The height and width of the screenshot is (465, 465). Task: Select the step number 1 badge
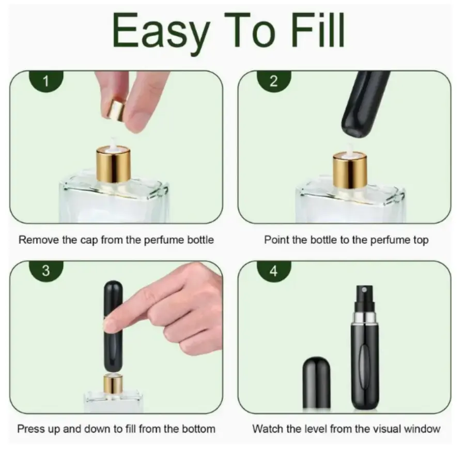point(47,81)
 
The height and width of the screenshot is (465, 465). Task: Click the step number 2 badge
point(274,81)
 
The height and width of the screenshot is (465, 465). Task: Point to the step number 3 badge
point(46,271)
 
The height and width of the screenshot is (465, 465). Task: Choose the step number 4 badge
point(274,271)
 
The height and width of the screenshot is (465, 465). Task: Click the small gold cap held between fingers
point(116,110)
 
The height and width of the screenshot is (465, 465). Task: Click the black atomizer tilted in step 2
point(365,104)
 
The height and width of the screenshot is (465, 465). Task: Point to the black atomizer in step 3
point(113,326)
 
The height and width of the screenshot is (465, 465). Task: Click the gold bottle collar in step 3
point(113,384)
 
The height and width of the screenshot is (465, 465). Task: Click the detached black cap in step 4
point(316,382)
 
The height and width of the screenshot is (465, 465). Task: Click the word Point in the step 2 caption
point(277,240)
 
